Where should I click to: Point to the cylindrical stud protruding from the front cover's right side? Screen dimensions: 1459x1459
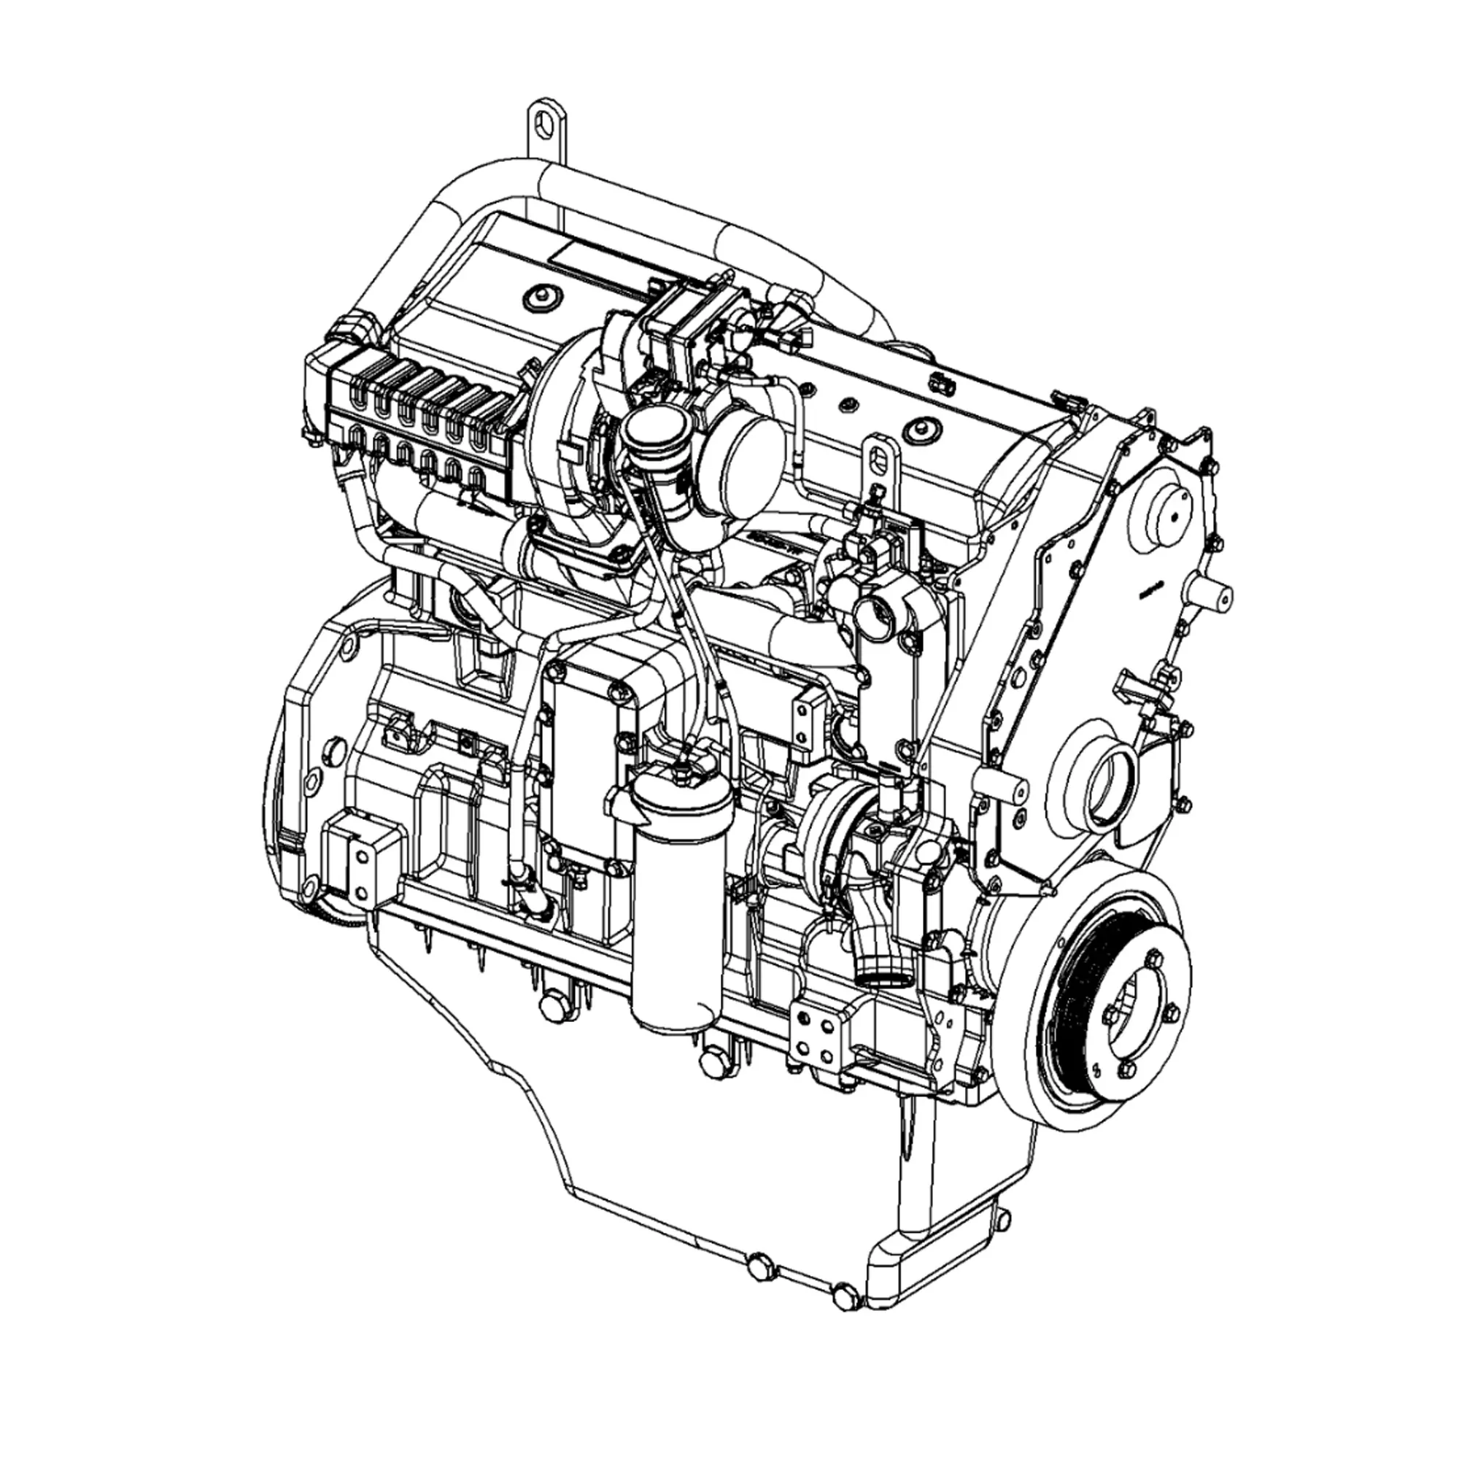click(x=1214, y=595)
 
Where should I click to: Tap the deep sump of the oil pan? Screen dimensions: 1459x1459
click(x=755, y=1178)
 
